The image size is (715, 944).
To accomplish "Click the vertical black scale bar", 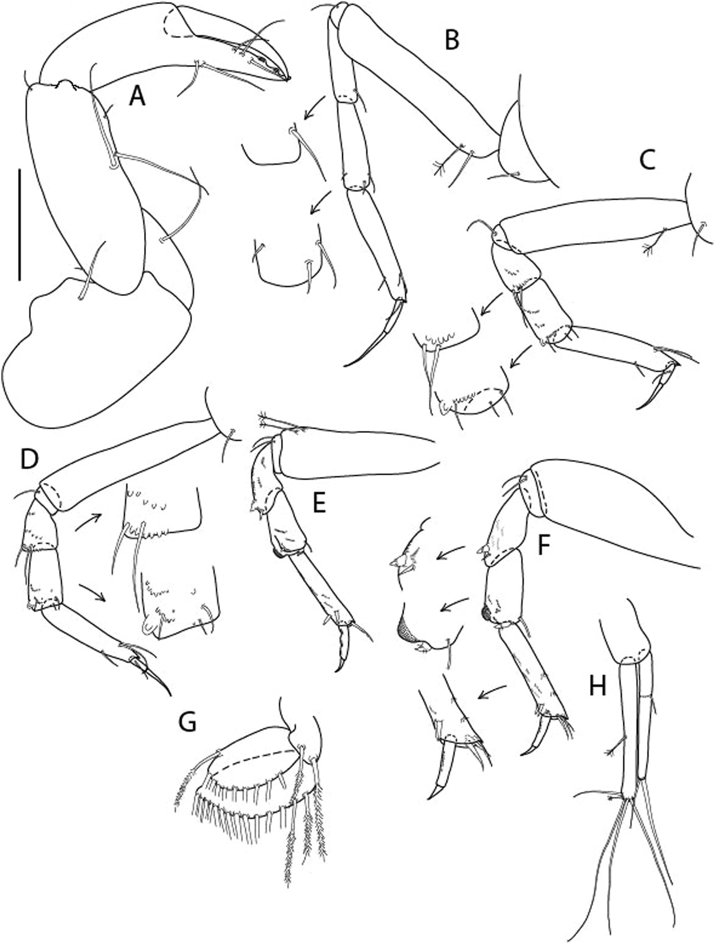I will pos(20,224).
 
